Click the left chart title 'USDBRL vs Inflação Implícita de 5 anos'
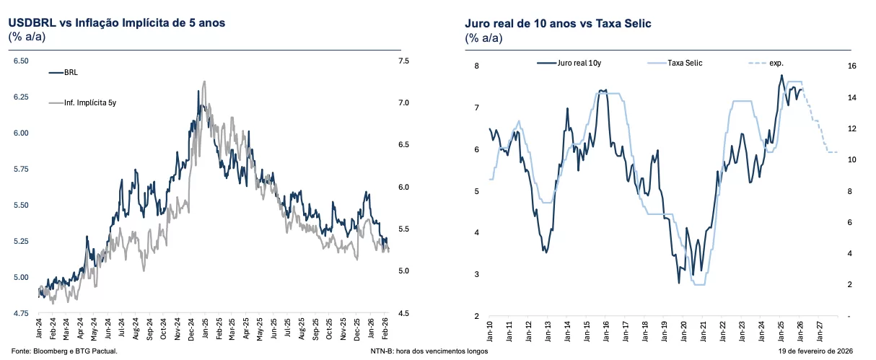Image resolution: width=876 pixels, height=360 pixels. coord(116,22)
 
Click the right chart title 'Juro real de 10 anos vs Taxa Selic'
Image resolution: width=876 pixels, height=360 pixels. coord(558,24)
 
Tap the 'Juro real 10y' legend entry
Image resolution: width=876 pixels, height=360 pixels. coord(579,63)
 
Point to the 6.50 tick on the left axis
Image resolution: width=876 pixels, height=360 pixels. coord(21,61)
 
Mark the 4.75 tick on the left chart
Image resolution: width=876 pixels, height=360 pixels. coord(21,314)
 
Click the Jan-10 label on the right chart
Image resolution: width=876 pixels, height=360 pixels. coord(490,331)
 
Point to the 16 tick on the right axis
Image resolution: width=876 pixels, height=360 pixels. coord(851,66)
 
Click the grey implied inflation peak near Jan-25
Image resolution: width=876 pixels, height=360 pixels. coord(205,82)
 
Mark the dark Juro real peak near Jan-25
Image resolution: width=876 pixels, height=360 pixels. coord(781,75)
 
